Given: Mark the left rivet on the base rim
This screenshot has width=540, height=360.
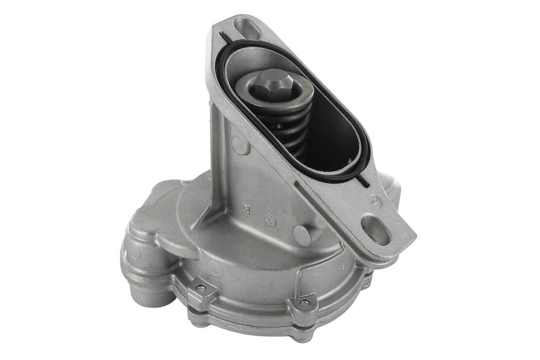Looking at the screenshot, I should [200, 288].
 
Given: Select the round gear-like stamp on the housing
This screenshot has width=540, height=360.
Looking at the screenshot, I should [270, 219].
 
